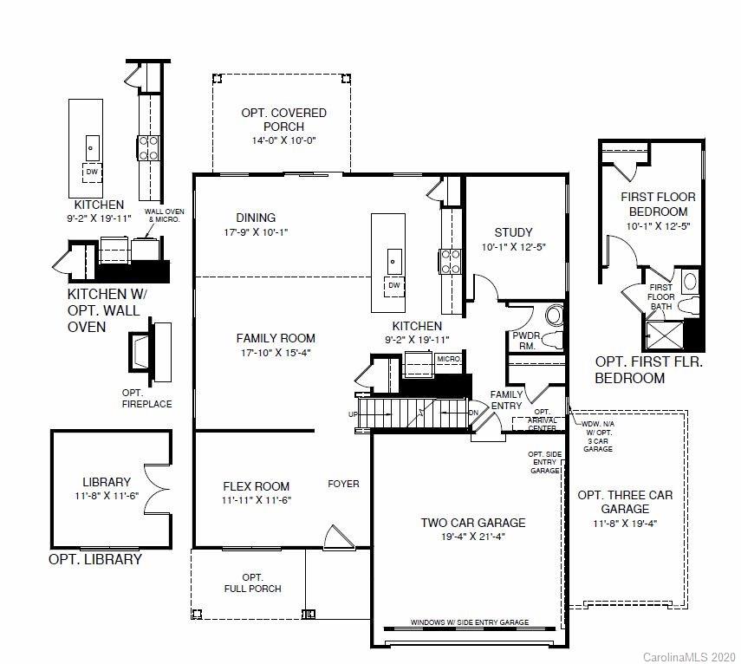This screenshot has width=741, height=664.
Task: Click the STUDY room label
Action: [x=513, y=232]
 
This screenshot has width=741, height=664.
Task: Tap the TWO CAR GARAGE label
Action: [x=473, y=523]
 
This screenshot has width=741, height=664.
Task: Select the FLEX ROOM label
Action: [x=256, y=486]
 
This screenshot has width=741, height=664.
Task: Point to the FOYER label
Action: [x=343, y=484]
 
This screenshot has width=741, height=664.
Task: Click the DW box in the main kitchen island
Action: [x=394, y=285]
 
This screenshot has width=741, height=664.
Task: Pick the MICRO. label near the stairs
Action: [x=448, y=359]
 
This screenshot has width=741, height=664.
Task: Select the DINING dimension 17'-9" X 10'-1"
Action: [x=256, y=232]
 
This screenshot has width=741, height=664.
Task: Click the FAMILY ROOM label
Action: [x=276, y=338]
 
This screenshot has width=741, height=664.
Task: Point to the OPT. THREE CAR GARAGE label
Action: [x=625, y=502]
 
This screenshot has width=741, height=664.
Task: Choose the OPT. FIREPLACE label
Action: [x=146, y=398]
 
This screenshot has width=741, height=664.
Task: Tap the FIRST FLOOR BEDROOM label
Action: [x=658, y=204]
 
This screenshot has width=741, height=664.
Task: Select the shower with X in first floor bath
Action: [x=665, y=332]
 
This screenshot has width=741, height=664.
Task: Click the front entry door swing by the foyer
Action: [x=332, y=538]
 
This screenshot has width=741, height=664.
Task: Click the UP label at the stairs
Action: [x=353, y=414]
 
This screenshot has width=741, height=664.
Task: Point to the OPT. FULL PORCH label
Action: [x=252, y=583]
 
